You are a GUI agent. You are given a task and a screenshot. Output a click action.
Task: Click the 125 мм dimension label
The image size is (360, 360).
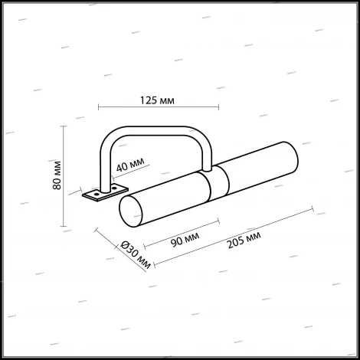(x=156, y=99)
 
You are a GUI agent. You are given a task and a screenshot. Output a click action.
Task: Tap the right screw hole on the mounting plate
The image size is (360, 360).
(x=115, y=186)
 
